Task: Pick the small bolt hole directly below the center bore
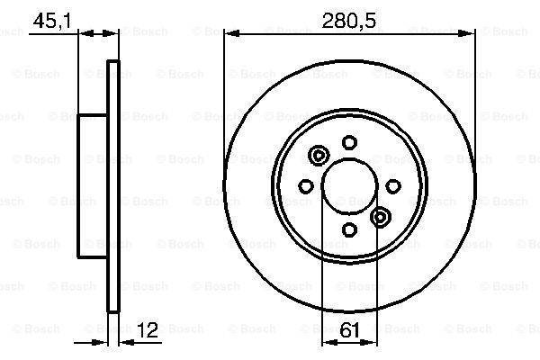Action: (348, 231)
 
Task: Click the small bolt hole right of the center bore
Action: (393, 185)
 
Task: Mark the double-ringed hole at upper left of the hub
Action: (317, 157)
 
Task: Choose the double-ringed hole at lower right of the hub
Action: (380, 216)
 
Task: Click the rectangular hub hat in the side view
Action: (93, 185)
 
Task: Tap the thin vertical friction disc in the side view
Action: (113, 185)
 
